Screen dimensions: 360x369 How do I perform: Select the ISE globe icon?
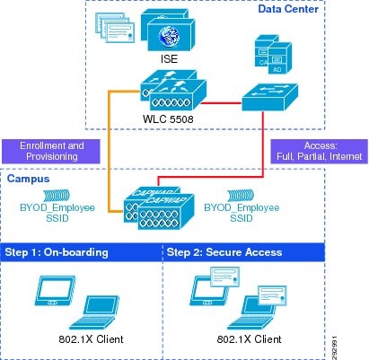(169, 34)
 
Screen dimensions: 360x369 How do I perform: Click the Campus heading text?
(28, 180)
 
